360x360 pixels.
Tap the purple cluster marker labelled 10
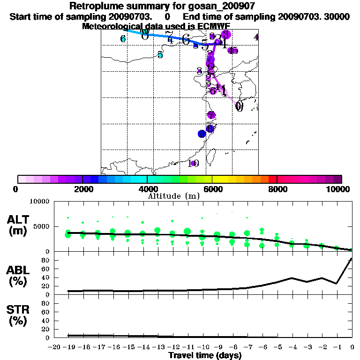193,163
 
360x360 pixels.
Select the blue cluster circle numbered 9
202,134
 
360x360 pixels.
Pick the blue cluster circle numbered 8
210,128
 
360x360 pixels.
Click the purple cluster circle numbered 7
211,115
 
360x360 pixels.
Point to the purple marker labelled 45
232,51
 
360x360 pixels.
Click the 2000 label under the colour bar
82,189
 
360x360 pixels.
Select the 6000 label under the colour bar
212,189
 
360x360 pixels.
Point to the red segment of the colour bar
273,179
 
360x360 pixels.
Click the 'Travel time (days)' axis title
205,355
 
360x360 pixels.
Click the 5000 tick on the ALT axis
42,226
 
